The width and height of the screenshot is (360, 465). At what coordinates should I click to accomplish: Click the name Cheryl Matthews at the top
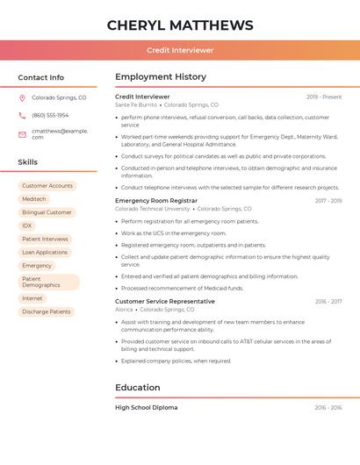pyautogui.click(x=180, y=25)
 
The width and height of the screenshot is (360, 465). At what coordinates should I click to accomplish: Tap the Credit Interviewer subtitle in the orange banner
pyautogui.click(x=180, y=50)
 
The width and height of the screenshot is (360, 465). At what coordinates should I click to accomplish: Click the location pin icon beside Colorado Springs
pyautogui.click(x=22, y=97)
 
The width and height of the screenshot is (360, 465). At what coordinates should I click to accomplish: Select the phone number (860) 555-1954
pyautogui.click(x=50, y=115)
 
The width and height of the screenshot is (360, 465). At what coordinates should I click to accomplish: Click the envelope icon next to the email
pyautogui.click(x=22, y=133)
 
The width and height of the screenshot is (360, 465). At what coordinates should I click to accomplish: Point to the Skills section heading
pyautogui.click(x=28, y=162)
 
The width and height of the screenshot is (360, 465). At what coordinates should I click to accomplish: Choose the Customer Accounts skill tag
pyautogui.click(x=47, y=186)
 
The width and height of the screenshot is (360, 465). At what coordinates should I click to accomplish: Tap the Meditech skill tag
pyautogui.click(x=34, y=199)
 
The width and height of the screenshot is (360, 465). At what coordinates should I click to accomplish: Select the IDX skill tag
pyautogui.click(x=27, y=225)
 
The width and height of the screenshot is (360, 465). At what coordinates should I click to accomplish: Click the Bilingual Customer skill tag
pyautogui.click(x=47, y=212)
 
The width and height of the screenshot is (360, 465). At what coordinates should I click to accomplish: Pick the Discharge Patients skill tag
pyautogui.click(x=47, y=311)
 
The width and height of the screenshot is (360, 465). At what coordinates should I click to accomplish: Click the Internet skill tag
pyautogui.click(x=32, y=298)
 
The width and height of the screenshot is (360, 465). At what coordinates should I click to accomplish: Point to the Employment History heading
pyautogui.click(x=161, y=77)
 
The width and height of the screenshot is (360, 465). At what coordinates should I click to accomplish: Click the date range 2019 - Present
pyautogui.click(x=324, y=97)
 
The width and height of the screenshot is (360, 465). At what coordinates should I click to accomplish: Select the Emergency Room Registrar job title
pyautogui.click(x=156, y=201)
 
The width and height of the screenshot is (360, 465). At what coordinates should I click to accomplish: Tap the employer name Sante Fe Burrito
pyautogui.click(x=136, y=104)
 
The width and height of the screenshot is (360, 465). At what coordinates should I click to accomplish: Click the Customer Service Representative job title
pyautogui.click(x=165, y=301)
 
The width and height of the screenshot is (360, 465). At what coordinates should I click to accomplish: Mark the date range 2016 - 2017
pyautogui.click(x=328, y=301)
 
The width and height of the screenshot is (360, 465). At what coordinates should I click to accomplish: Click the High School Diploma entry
pyautogui.click(x=146, y=407)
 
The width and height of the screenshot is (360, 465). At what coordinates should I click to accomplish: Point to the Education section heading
pyautogui.click(x=138, y=387)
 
